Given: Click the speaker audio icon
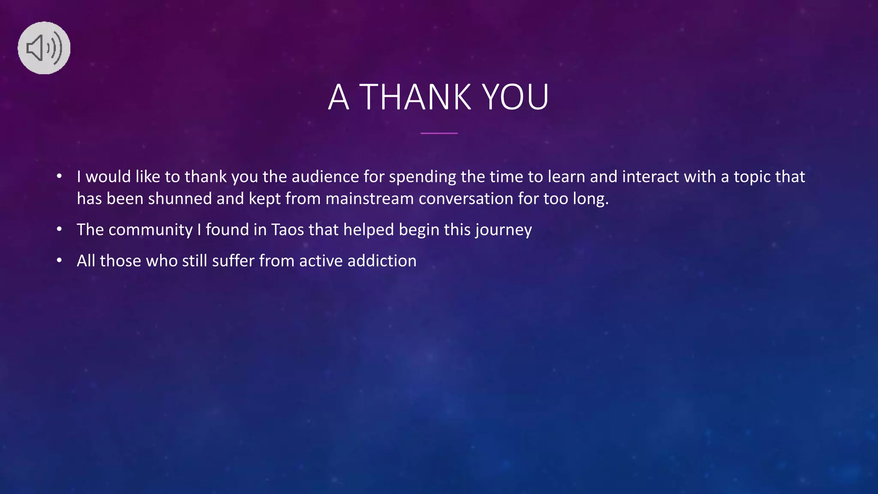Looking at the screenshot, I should coord(44,48).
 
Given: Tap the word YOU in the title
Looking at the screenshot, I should coord(516,97).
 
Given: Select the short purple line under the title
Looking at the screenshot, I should coord(439,133).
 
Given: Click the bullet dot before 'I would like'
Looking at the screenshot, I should coord(59,177).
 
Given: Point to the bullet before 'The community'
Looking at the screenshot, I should coord(59,230).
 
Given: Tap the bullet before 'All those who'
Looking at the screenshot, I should coord(59,261).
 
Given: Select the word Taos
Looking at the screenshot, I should coord(287,230).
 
